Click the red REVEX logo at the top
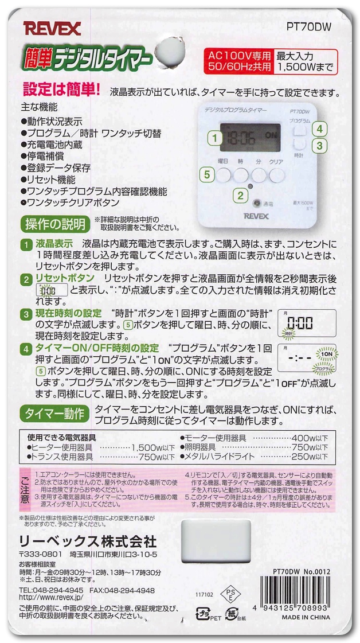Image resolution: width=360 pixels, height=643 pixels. pos(52,29)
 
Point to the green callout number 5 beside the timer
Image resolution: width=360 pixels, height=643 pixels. pos(207,174)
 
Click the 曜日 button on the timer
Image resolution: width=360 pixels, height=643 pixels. pos(224,175)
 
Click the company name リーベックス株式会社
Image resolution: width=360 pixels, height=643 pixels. pos(87,542)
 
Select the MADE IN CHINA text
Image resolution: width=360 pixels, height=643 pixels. pos(306,617)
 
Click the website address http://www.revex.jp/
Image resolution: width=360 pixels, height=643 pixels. pos(51,598)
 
